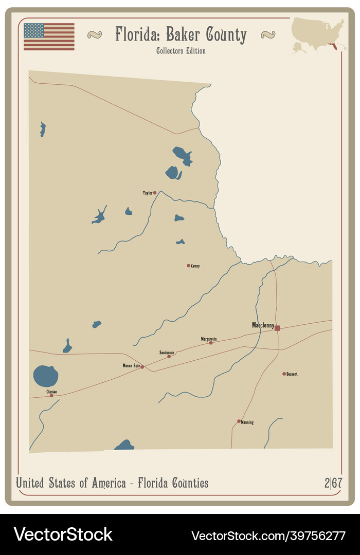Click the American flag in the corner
(49, 36)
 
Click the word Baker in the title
(185, 35)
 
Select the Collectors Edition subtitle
(181, 51)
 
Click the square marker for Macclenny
(277, 328)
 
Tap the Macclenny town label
(263, 325)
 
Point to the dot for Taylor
(155, 193)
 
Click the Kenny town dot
(189, 266)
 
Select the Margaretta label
(209, 339)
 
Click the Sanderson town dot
(169, 356)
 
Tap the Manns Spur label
(131, 365)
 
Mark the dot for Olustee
(51, 395)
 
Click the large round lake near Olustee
(46, 376)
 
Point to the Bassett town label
(292, 374)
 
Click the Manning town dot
(239, 421)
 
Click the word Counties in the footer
(186, 483)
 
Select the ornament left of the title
(95, 35)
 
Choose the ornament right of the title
(268, 35)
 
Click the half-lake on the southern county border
(124, 446)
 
